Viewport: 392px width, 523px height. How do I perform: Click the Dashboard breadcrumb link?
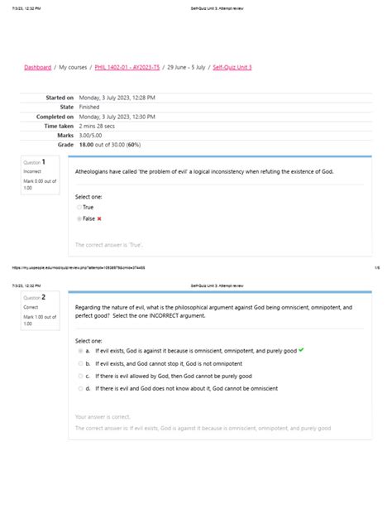(x=37, y=67)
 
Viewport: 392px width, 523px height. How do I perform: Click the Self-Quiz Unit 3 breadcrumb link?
(x=232, y=67)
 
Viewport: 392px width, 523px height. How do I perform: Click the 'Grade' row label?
(x=65, y=144)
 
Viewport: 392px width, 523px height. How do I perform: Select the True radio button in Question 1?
(x=79, y=207)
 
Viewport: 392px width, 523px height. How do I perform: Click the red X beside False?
(x=99, y=218)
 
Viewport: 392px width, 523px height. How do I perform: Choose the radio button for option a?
(x=79, y=351)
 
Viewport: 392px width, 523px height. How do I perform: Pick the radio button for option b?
(x=79, y=363)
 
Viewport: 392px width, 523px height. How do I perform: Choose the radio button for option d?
(x=79, y=388)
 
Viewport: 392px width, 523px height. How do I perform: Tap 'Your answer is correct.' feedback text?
(x=103, y=417)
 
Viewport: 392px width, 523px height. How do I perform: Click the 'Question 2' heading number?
(x=35, y=296)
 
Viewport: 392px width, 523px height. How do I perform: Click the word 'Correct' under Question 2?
(x=31, y=307)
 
